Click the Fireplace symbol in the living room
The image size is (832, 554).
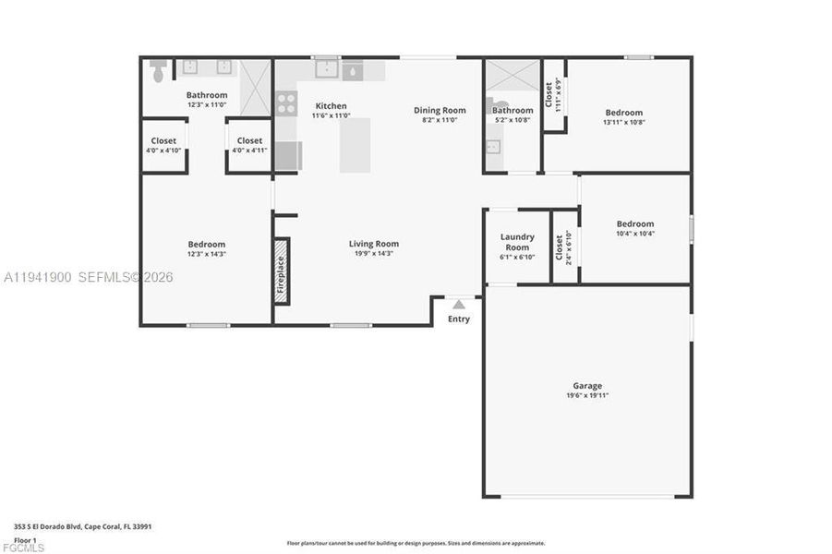[x=282, y=269]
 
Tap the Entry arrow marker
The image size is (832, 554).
[x=459, y=304]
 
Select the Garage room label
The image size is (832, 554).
[x=587, y=386]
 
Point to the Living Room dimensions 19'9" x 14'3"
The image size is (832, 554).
[x=374, y=253]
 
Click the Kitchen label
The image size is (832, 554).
[x=331, y=105]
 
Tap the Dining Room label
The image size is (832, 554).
[x=440, y=110]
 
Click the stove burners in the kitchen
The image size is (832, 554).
[x=286, y=102]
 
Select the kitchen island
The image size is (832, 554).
[x=355, y=145]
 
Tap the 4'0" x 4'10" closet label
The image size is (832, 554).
[x=163, y=141]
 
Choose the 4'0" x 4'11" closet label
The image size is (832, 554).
[x=249, y=141]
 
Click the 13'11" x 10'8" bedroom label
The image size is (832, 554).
[x=623, y=113]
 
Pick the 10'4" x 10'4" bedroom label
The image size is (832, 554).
[x=635, y=223]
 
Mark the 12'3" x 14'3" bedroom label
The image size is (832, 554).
[x=206, y=245]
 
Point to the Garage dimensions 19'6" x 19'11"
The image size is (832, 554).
[x=587, y=395]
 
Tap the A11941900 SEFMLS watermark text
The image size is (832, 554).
[x=89, y=277]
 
